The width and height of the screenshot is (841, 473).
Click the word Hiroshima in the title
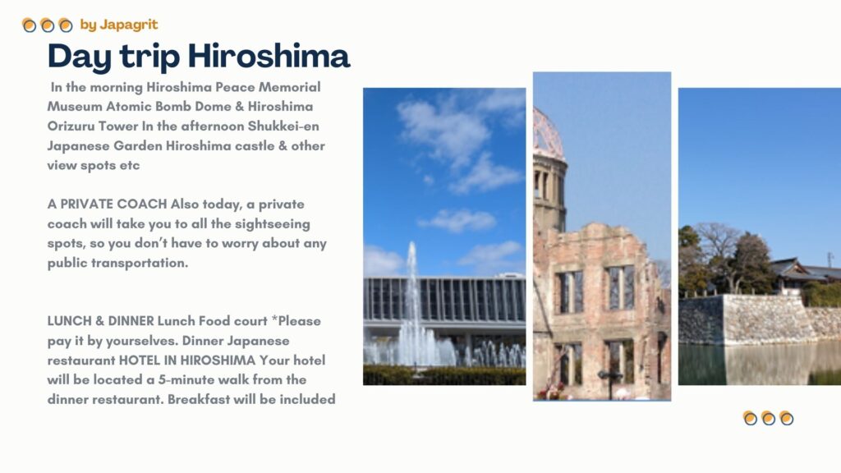(x=269, y=56)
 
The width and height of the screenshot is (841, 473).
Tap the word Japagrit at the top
(x=129, y=25)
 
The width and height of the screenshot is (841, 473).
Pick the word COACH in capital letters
(x=141, y=204)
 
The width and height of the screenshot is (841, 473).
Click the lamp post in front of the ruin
(x=611, y=383)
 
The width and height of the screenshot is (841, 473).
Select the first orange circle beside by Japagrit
(x=29, y=25)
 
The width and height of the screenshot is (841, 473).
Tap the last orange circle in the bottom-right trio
(x=786, y=418)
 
